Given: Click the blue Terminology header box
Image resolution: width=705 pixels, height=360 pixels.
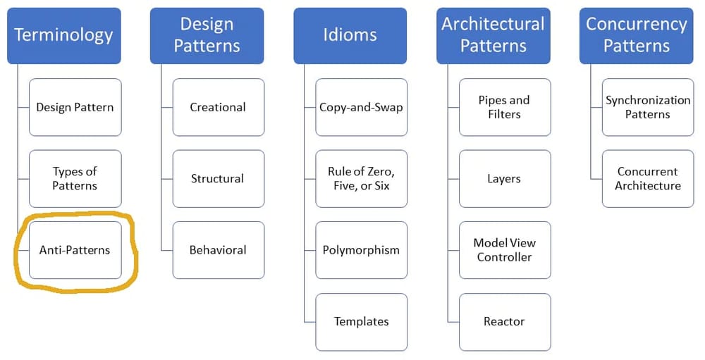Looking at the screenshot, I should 64,35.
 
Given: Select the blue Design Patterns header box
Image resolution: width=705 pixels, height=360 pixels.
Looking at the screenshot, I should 207,35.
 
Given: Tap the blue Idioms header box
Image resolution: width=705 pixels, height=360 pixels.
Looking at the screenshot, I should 350,35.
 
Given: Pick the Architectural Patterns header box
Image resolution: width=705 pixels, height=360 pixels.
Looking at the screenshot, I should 493,35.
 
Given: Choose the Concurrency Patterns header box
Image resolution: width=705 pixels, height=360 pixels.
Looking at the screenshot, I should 637,35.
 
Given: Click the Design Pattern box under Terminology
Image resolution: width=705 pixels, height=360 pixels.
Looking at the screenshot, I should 75,107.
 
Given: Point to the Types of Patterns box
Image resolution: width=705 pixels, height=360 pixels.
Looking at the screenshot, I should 75,178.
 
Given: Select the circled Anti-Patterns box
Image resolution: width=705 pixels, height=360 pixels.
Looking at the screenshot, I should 75,250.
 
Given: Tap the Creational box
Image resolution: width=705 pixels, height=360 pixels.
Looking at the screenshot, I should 219,107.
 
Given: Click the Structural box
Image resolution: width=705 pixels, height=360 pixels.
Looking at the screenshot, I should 219,178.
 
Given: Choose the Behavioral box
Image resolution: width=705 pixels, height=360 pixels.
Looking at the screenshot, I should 219,250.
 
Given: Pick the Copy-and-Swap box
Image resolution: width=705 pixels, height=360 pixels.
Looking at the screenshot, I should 362,107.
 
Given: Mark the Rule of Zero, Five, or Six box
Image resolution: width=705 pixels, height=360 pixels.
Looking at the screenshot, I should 362,178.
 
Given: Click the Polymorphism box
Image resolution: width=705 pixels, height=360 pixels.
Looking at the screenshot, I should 362,250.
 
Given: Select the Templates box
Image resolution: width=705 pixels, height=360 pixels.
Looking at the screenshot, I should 362,322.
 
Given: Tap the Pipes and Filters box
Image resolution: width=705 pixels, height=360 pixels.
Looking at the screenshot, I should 505,107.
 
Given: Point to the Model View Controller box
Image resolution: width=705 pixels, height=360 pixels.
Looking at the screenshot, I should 505,250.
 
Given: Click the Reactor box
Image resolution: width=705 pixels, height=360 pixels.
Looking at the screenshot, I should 505,322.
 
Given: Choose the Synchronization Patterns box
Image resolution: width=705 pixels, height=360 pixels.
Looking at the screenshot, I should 648,107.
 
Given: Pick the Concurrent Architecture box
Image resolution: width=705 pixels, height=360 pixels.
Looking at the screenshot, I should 648,178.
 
